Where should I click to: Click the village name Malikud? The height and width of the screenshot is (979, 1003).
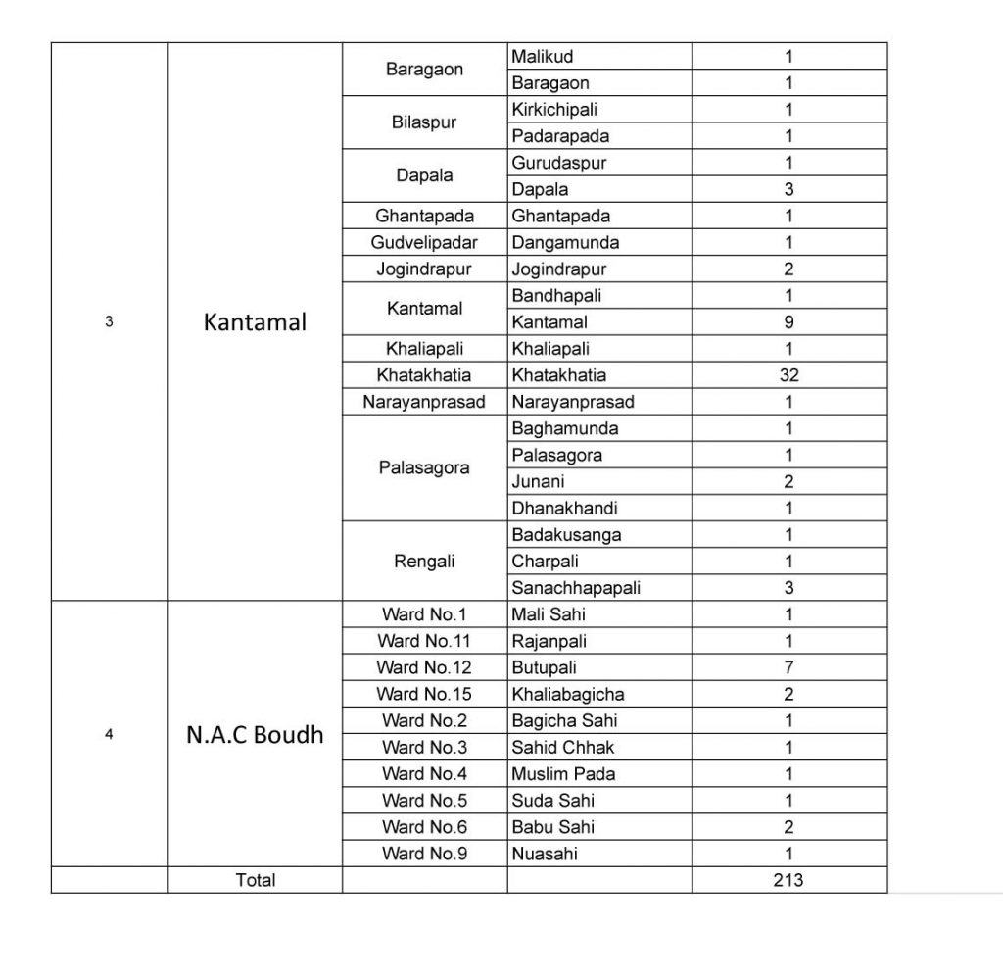[543, 57]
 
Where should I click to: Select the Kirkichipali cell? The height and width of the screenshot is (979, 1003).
[554, 110]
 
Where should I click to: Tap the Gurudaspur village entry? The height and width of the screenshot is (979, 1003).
[558, 163]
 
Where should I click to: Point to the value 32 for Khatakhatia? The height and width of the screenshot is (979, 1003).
[788, 374]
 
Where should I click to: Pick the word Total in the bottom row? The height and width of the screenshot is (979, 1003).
[256, 880]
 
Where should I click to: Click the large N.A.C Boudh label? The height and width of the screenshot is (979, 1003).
[255, 735]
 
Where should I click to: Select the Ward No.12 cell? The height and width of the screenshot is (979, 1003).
[424, 667]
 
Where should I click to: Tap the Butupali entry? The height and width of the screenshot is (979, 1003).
[544, 667]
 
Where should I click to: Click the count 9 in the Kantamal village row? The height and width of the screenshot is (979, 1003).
[788, 321]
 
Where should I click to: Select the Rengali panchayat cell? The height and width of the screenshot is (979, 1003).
[424, 562]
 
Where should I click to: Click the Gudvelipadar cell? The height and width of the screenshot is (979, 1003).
[424, 242]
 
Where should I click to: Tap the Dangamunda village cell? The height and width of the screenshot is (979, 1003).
[565, 242]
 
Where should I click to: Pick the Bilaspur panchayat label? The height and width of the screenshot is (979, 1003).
[424, 122]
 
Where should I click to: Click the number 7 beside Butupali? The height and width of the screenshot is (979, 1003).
[788, 667]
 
